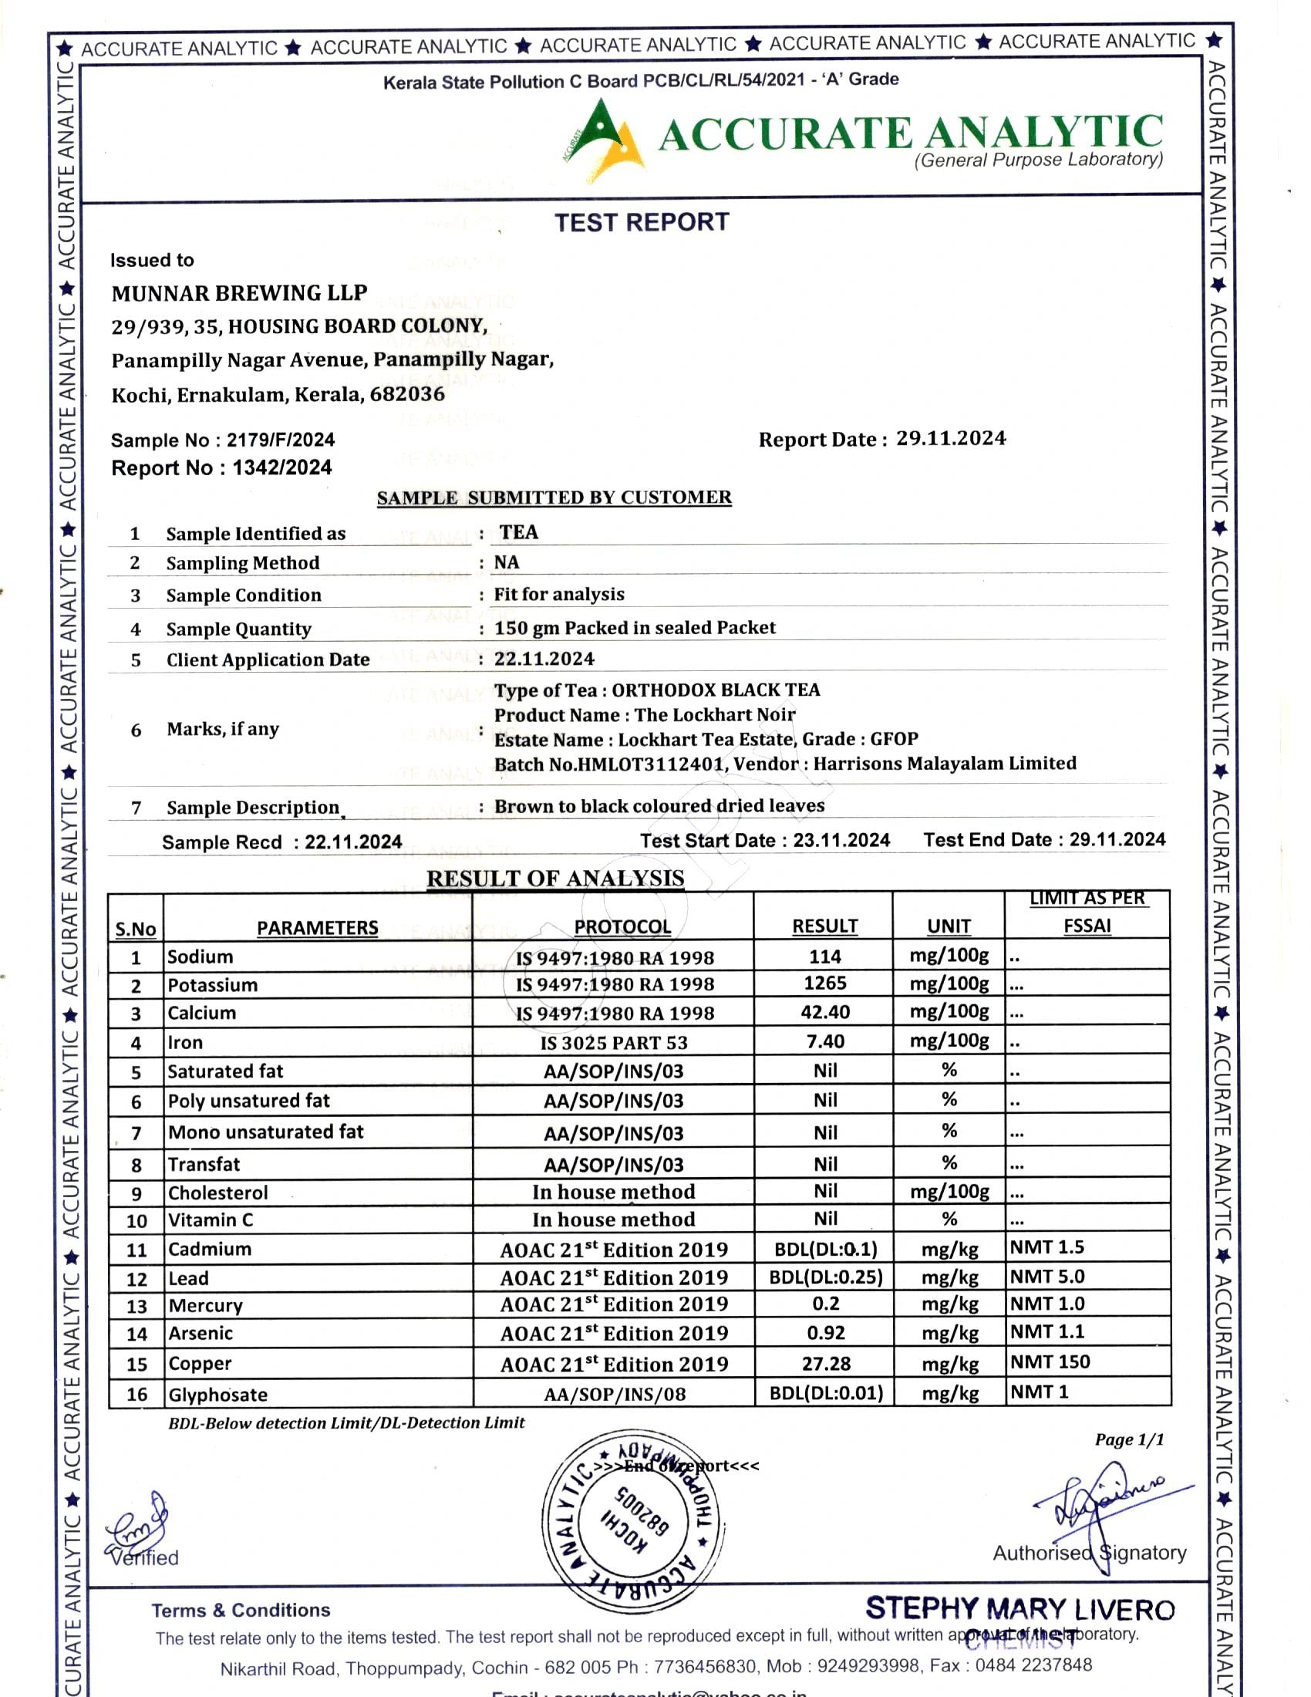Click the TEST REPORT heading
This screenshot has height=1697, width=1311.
coord(642,222)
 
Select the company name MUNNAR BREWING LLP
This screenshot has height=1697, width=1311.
coord(239,293)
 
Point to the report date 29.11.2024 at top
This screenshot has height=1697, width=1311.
coord(951,438)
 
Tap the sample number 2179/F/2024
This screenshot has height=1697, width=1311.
coord(281,440)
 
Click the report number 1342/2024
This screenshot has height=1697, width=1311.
coord(282,467)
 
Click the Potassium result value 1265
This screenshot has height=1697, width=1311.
coord(824,983)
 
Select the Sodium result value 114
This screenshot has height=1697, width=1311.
coord(824,956)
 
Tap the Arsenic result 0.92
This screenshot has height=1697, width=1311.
coord(825,1334)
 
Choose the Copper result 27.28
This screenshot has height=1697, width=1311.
coord(826,1364)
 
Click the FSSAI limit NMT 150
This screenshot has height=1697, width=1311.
coord(1050,1362)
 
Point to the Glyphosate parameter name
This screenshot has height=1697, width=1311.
coord(217,1395)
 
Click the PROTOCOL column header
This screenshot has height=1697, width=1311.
coord(622,927)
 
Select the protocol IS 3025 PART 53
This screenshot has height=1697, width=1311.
coord(614,1043)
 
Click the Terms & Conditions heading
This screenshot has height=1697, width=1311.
coord(241,1610)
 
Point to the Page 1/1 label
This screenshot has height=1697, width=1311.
coord(1129,1440)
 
